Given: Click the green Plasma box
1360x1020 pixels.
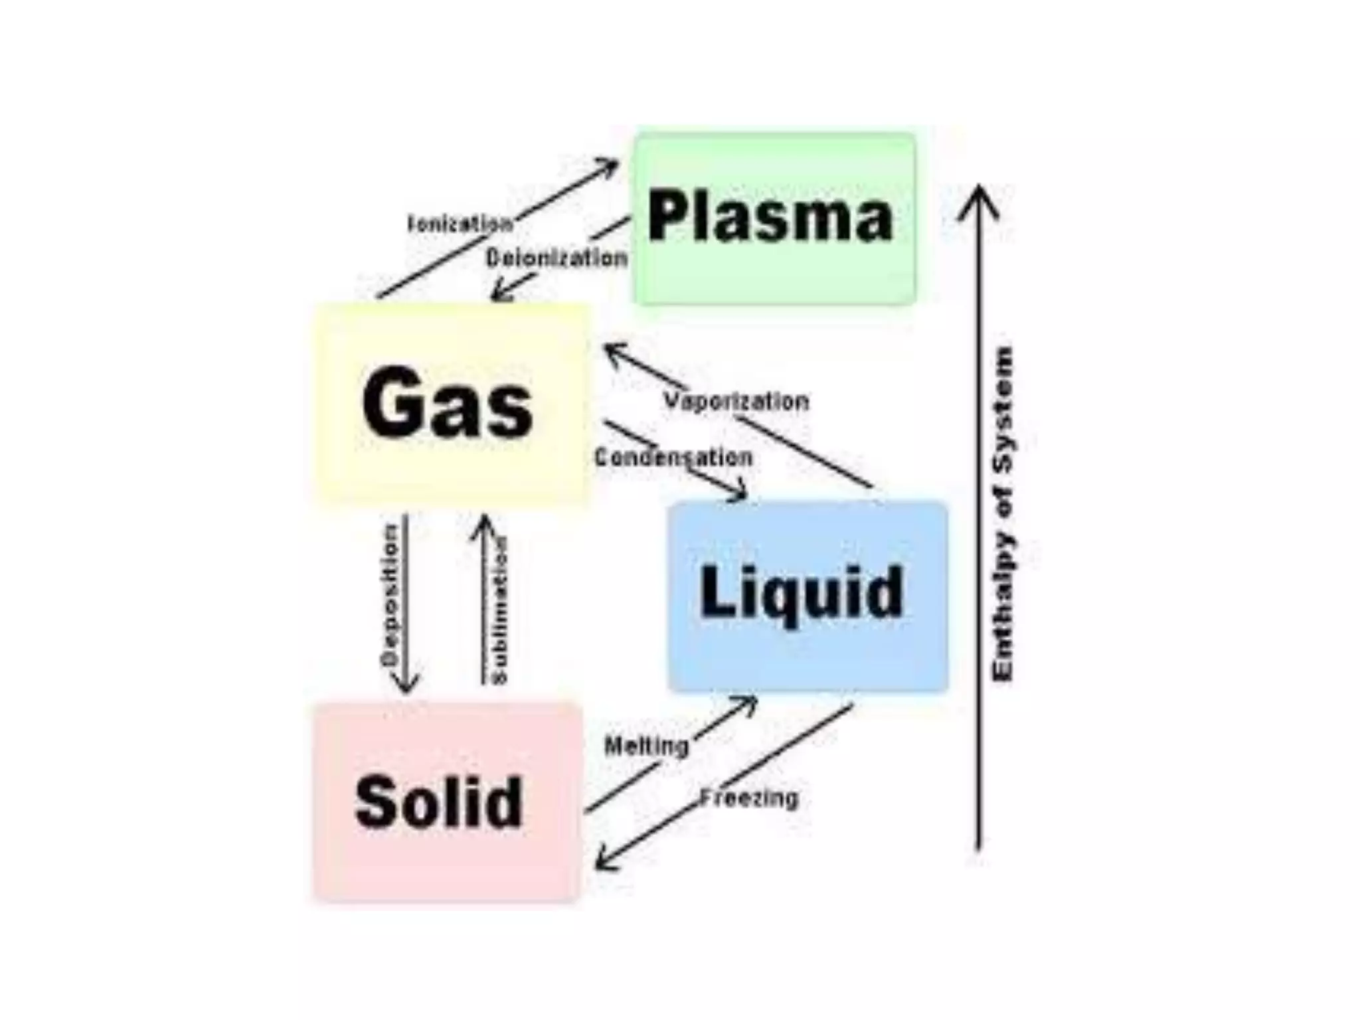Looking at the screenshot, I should tap(775, 218).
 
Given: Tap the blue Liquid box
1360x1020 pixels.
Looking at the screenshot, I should tap(807, 596).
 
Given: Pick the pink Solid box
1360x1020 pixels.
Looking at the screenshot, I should tap(446, 802).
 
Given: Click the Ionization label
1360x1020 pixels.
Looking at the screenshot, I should tap(460, 224).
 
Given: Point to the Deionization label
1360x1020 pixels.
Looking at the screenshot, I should tap(556, 258).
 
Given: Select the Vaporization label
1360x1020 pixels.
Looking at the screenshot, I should tap(736, 401).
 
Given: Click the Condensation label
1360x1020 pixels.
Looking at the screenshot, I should tap(673, 457).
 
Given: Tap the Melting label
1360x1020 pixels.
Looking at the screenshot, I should tap(646, 746).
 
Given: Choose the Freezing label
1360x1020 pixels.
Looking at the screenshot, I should tap(749, 797).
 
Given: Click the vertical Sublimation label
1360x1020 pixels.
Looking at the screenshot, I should tap(501, 610).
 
